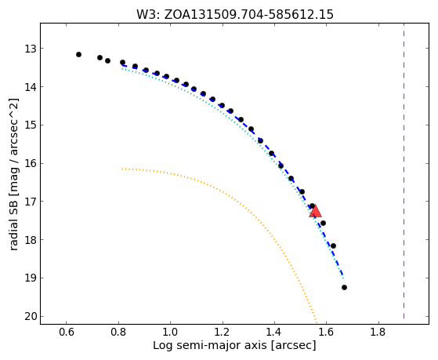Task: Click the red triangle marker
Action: coord(315,211)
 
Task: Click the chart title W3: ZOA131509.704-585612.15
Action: coord(235,15)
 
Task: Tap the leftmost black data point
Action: coord(79,55)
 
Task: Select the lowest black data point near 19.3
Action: coord(344,288)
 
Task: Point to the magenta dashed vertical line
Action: coord(404,171)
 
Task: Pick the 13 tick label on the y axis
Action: coord(31,49)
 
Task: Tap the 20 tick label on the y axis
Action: coord(31,317)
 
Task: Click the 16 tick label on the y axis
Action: coord(31,164)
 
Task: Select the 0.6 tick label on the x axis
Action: coord(66,333)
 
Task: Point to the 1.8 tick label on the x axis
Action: coord(378,333)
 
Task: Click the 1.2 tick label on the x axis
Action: coord(223,333)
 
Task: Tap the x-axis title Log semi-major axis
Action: coord(210,346)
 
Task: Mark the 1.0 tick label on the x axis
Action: coord(170,333)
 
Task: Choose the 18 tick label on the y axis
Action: coord(31,240)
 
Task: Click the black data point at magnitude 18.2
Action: coord(333,246)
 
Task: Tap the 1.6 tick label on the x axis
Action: coord(326,333)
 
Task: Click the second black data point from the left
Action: coord(100,58)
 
